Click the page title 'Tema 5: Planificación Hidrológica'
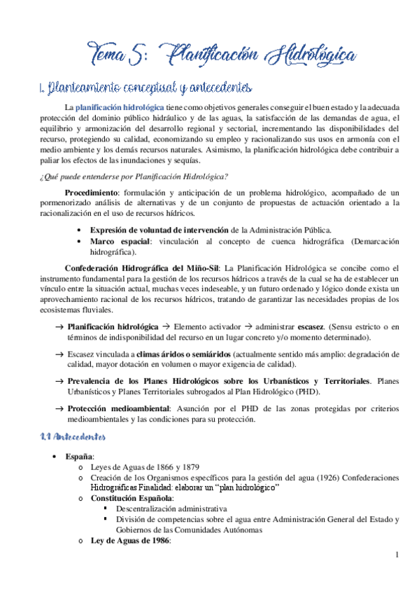pyautogui.click(x=222, y=53)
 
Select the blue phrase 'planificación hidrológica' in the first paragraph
pyautogui.click(x=120, y=107)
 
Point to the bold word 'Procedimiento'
pyautogui.click(x=91, y=193)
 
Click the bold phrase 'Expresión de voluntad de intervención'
pyautogui.click(x=159, y=230)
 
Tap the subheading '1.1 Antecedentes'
pyautogui.click(x=72, y=437)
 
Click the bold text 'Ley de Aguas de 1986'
pyautogui.click(x=130, y=541)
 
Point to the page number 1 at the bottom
pyautogui.click(x=396, y=557)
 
